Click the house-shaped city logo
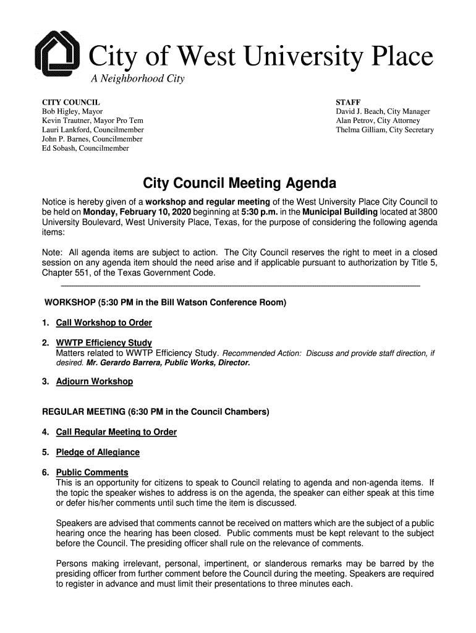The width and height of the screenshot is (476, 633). point(57,55)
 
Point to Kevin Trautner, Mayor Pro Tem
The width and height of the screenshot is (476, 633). point(92,121)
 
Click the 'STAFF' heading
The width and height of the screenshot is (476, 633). point(348,102)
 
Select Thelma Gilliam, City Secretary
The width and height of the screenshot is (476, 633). point(385,130)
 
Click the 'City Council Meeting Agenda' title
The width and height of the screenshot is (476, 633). point(240,184)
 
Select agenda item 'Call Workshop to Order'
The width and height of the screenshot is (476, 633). point(104,323)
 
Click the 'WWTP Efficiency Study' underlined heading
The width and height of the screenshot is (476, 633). point(104,343)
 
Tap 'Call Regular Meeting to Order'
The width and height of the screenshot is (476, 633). point(116,432)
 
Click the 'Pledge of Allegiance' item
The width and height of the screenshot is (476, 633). point(98,452)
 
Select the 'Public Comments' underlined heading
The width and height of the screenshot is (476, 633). point(92,473)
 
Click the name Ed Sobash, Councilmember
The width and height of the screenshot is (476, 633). point(85,148)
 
